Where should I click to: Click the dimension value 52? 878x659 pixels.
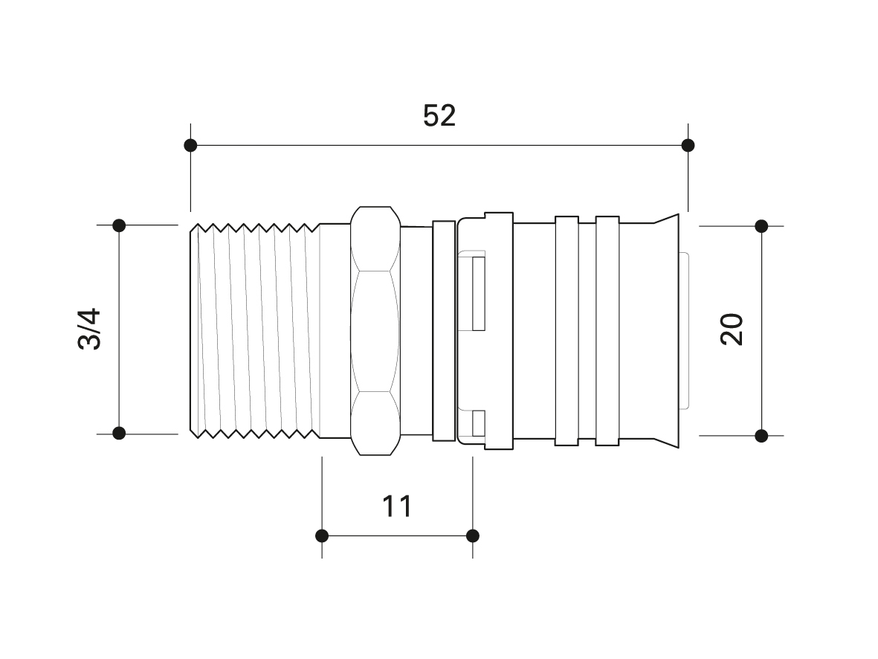pyautogui.click(x=439, y=115)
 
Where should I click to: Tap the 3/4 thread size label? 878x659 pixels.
pyautogui.click(x=90, y=329)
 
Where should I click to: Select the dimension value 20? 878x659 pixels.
pyautogui.click(x=732, y=329)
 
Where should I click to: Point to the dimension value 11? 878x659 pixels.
pyautogui.click(x=397, y=506)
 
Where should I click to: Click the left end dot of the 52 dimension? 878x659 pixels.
pyautogui.click(x=190, y=146)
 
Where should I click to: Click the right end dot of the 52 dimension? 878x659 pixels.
pyautogui.click(x=688, y=146)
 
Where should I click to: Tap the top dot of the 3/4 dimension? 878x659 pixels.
pyautogui.click(x=119, y=225)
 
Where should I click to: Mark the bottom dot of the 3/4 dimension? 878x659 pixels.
pyautogui.click(x=119, y=433)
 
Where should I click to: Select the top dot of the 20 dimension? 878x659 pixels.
pyautogui.click(x=761, y=226)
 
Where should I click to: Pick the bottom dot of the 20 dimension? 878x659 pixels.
pyautogui.click(x=761, y=435)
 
